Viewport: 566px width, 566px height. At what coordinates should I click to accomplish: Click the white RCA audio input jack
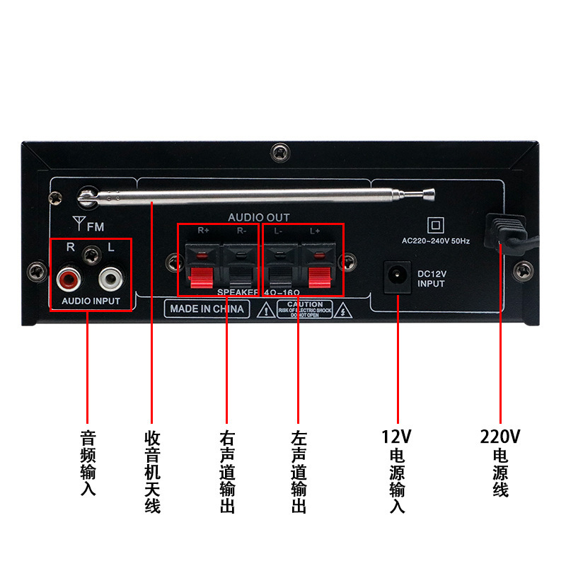point(111,278)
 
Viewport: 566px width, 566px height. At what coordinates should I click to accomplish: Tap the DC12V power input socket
point(397,277)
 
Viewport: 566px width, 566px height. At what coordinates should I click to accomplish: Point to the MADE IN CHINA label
point(207,309)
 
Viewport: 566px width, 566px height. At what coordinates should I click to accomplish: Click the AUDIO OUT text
point(258,217)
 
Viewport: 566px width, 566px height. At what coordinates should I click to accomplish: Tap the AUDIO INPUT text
point(91,301)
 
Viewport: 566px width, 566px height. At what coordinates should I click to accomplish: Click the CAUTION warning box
point(306,309)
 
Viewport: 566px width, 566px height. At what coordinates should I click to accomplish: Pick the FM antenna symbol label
point(88,226)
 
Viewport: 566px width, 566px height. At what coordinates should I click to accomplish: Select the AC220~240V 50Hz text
point(436,241)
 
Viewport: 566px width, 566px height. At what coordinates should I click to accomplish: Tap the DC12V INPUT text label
point(431,279)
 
